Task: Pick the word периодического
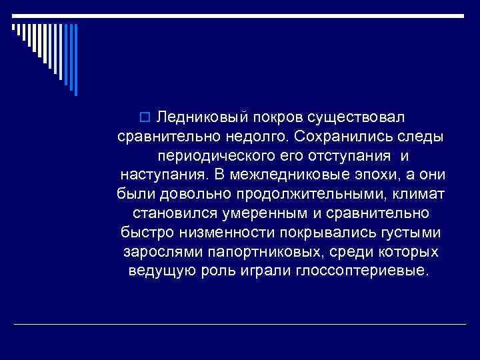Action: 207,155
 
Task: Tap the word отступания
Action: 347,155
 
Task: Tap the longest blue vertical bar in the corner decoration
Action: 75,60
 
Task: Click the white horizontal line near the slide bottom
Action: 240,324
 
